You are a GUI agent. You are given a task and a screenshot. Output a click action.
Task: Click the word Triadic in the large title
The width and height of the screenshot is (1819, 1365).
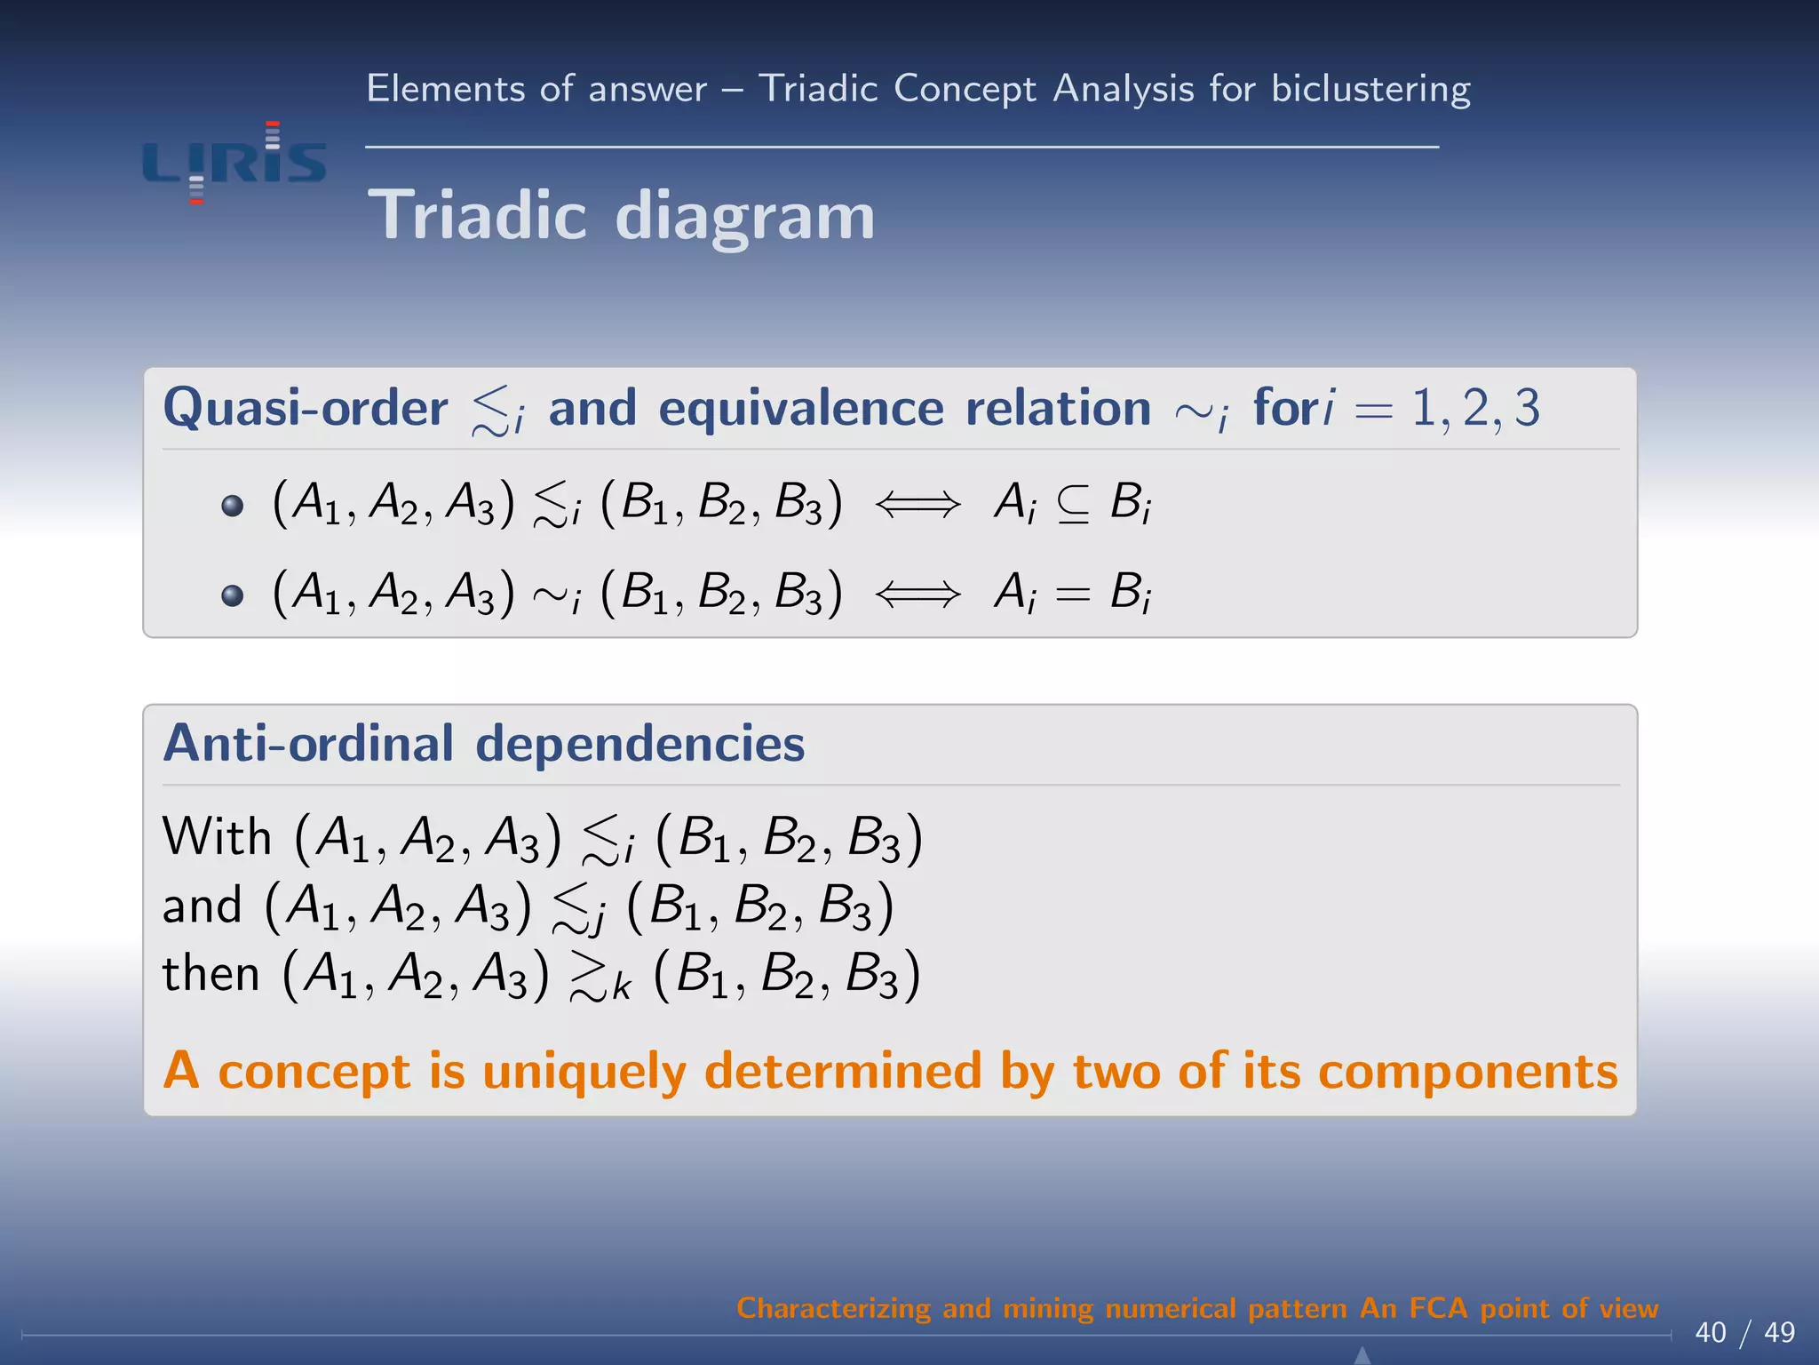(x=477, y=216)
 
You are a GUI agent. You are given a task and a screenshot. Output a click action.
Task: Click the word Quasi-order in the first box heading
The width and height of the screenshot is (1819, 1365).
(x=306, y=409)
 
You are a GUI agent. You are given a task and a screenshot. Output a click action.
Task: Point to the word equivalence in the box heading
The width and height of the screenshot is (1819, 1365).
(x=801, y=409)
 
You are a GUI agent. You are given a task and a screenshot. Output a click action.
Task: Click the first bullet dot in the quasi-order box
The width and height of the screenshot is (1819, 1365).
(x=233, y=506)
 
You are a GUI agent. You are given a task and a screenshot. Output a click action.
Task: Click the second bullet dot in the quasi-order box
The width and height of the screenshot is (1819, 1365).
(x=233, y=595)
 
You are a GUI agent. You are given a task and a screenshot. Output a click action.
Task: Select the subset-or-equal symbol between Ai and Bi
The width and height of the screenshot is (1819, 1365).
(x=1073, y=505)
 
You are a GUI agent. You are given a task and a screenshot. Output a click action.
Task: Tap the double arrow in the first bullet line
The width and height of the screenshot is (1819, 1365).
(x=917, y=505)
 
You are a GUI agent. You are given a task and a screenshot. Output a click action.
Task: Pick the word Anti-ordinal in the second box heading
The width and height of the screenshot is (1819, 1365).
(x=308, y=744)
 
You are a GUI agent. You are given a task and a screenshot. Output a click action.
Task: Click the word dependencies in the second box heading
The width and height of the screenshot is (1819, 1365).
(x=640, y=744)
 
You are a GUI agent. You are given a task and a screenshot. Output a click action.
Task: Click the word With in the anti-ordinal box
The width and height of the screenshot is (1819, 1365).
(x=217, y=837)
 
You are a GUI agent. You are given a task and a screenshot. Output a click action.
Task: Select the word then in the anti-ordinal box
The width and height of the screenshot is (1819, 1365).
(x=210, y=974)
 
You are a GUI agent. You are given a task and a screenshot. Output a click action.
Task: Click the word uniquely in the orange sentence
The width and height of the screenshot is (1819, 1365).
(x=584, y=1072)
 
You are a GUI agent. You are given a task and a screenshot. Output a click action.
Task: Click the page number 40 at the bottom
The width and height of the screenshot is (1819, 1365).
(x=1710, y=1332)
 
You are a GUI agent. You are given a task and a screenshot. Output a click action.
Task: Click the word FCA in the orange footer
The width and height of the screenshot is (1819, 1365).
(x=1438, y=1308)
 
